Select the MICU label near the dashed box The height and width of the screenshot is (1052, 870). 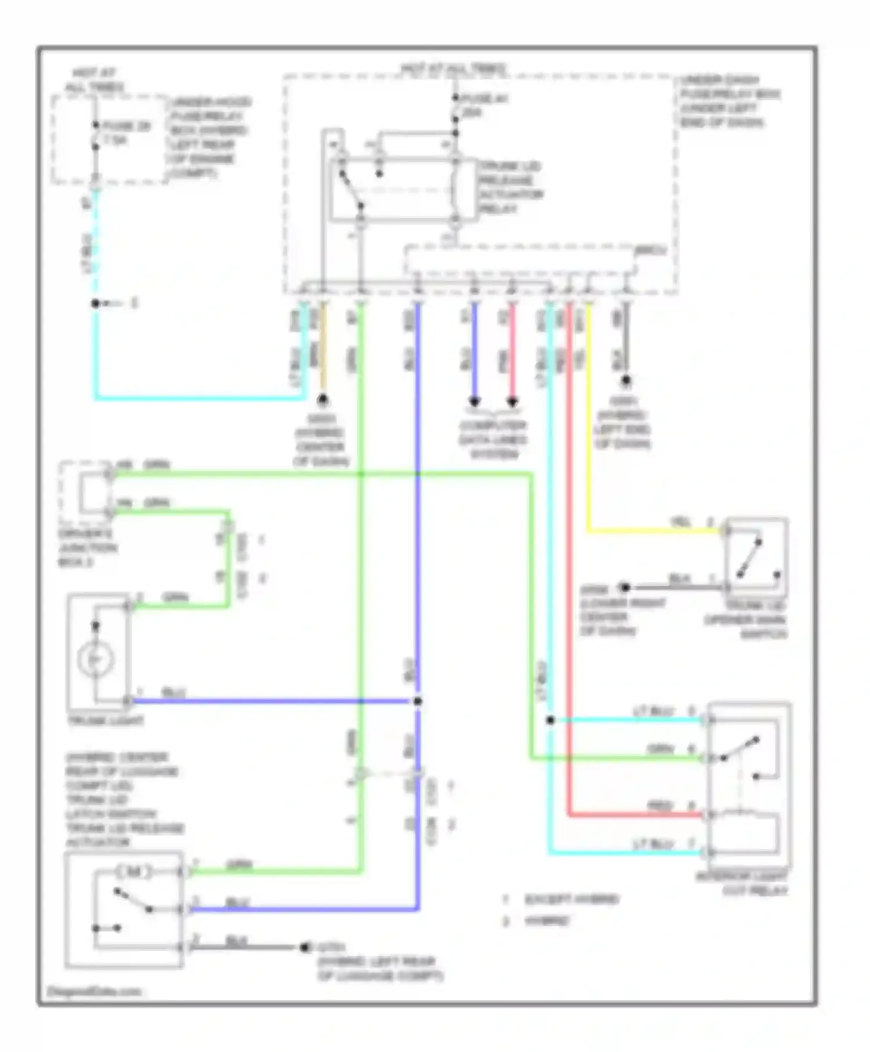(x=651, y=251)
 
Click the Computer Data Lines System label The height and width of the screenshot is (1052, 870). (x=493, y=440)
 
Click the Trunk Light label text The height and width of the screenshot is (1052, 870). (x=106, y=721)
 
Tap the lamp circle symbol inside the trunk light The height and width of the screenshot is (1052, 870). (x=96, y=659)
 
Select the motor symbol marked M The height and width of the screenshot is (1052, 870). (x=135, y=872)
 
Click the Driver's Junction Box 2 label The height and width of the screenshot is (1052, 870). (x=87, y=547)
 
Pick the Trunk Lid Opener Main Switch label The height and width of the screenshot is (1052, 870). (x=746, y=620)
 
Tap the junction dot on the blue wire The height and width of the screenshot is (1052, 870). (x=417, y=701)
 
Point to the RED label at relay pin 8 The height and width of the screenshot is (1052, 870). (x=659, y=806)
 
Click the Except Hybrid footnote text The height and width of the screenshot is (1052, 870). (x=572, y=899)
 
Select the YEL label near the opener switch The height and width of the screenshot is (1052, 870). (x=680, y=522)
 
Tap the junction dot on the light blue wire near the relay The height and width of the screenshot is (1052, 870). (x=550, y=720)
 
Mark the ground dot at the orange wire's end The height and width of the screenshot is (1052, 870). (x=322, y=400)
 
